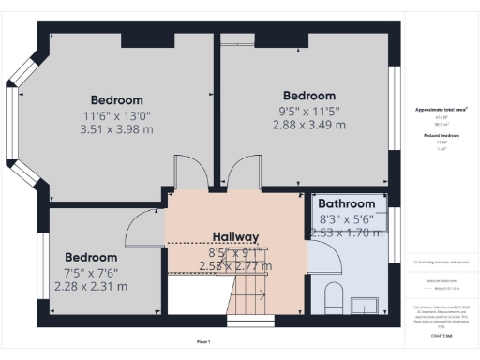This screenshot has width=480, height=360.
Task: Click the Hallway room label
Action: pyautogui.click(x=234, y=236)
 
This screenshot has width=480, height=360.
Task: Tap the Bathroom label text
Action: pyautogui.click(x=346, y=203)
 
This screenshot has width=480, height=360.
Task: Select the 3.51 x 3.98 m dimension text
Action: pyautogui.click(x=117, y=130)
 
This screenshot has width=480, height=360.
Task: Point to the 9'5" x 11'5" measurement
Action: pyautogui.click(x=308, y=111)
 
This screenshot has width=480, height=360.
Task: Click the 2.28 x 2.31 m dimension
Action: pyautogui.click(x=91, y=286)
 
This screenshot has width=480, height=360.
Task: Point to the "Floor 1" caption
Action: pyautogui.click(x=203, y=341)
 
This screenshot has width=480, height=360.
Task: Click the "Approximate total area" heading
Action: pyautogui.click(x=441, y=110)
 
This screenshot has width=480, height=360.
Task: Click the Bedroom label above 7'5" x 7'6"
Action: pyautogui.click(x=91, y=257)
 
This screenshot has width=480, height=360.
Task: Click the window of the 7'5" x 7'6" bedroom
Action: pyautogui.click(x=41, y=267)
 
